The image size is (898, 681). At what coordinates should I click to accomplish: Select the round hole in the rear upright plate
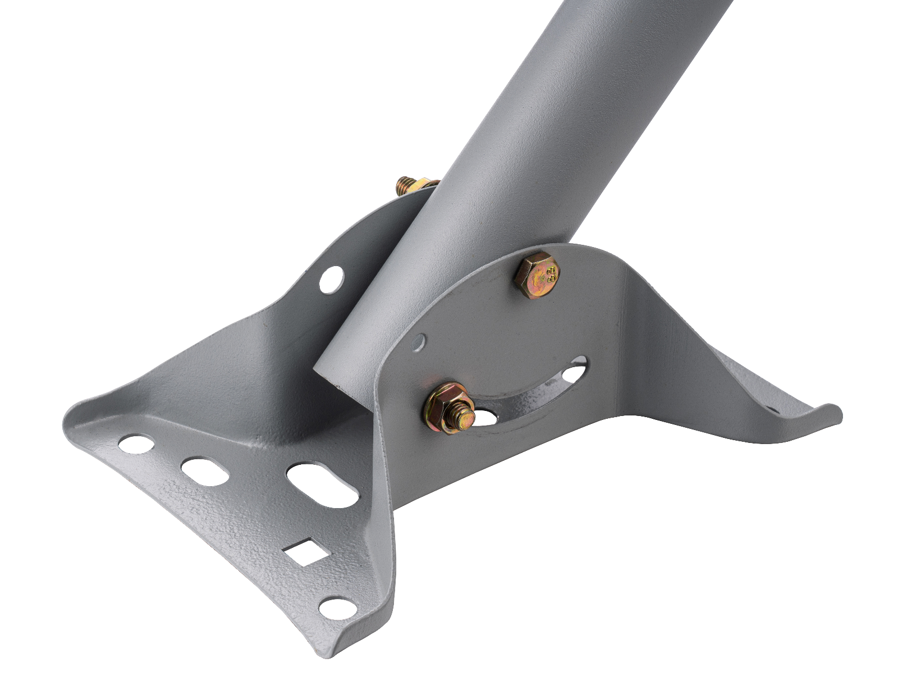coord(331,279)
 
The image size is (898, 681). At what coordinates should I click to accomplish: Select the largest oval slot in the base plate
coord(322,485)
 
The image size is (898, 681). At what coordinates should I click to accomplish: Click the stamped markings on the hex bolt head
coord(550,275)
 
